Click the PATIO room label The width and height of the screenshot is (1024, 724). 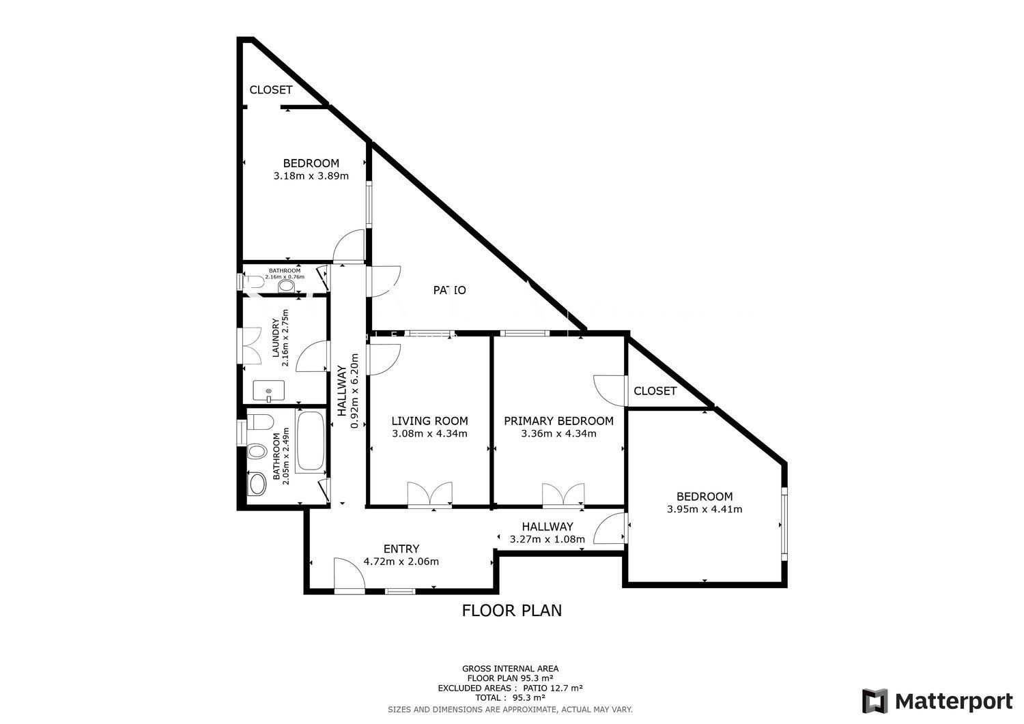pyautogui.click(x=449, y=290)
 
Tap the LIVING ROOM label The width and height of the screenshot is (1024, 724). pyautogui.click(x=429, y=420)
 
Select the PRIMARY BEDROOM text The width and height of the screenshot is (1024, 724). pyautogui.click(x=558, y=420)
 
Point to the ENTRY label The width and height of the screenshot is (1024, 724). pyautogui.click(x=401, y=549)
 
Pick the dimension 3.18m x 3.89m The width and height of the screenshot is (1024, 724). pyautogui.click(x=311, y=176)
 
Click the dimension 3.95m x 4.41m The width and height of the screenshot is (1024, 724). pyautogui.click(x=705, y=509)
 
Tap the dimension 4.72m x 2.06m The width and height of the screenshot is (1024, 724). pyautogui.click(x=401, y=562)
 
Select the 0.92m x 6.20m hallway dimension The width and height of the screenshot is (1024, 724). pyautogui.click(x=354, y=391)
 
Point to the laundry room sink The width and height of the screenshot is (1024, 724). pyautogui.click(x=269, y=391)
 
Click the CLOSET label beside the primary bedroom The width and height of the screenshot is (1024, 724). pyautogui.click(x=655, y=391)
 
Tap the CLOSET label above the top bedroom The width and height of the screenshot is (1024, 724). pyautogui.click(x=270, y=89)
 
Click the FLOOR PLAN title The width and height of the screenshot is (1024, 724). pyautogui.click(x=511, y=610)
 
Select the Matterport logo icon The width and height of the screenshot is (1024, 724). pyautogui.click(x=874, y=701)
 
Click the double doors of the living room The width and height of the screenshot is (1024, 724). pyautogui.click(x=429, y=494)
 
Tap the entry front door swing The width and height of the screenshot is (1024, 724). pyautogui.click(x=350, y=575)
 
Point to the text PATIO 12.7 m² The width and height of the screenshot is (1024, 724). pyautogui.click(x=553, y=688)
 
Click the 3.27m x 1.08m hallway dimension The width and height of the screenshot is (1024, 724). pyautogui.click(x=547, y=539)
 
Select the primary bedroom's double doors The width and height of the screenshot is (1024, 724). pyautogui.click(x=563, y=495)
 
